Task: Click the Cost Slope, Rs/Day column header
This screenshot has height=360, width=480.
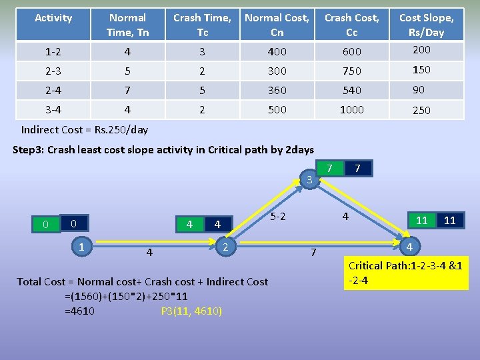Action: (426, 25)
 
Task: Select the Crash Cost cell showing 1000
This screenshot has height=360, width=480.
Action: (351, 110)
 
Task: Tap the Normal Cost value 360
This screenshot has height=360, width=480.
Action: (277, 90)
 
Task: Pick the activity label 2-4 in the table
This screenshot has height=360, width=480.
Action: (53, 90)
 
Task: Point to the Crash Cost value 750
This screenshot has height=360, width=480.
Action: (351, 71)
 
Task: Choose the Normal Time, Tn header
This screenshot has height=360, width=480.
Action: (128, 25)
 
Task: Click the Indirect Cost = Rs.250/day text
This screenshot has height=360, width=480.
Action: (85, 129)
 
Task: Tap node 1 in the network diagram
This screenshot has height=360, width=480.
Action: (81, 247)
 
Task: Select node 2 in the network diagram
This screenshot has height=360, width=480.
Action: (226, 247)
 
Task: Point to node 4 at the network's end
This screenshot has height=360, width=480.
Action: (409, 247)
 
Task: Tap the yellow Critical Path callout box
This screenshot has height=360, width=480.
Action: (406, 273)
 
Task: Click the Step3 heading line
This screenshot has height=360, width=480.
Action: (163, 149)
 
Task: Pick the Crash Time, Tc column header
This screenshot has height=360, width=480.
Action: (203, 25)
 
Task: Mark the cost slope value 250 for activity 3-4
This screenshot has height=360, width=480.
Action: (421, 111)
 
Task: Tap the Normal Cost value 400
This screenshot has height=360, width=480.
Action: (277, 51)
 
